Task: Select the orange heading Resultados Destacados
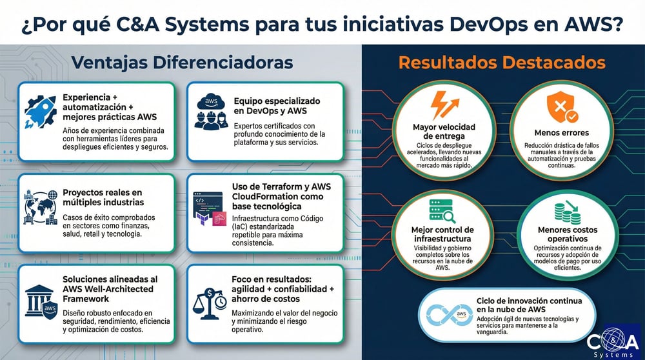pos(502,63)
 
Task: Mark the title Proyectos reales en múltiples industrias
pos(103,197)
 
